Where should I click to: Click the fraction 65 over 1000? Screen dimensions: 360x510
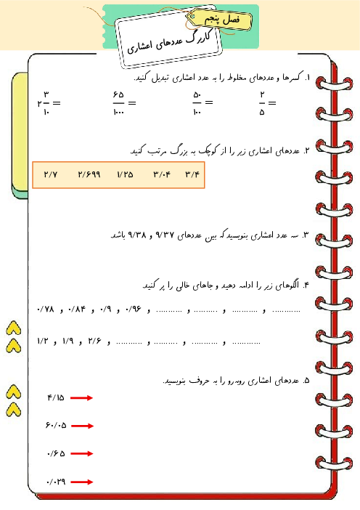(x=119, y=103)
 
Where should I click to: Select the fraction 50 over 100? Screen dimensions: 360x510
(x=197, y=103)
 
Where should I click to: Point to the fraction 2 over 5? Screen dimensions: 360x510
(x=262, y=103)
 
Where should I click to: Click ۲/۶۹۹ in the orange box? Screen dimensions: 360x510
(x=88, y=175)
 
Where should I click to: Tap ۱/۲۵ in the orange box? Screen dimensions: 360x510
(x=125, y=175)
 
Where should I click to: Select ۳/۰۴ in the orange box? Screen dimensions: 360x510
(x=161, y=175)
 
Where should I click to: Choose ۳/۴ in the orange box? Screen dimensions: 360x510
(x=192, y=175)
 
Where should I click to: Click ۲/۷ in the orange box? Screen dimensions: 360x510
(x=51, y=175)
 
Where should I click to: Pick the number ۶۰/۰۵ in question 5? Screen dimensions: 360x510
(x=55, y=425)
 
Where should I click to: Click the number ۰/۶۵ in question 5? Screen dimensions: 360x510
(x=55, y=453)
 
